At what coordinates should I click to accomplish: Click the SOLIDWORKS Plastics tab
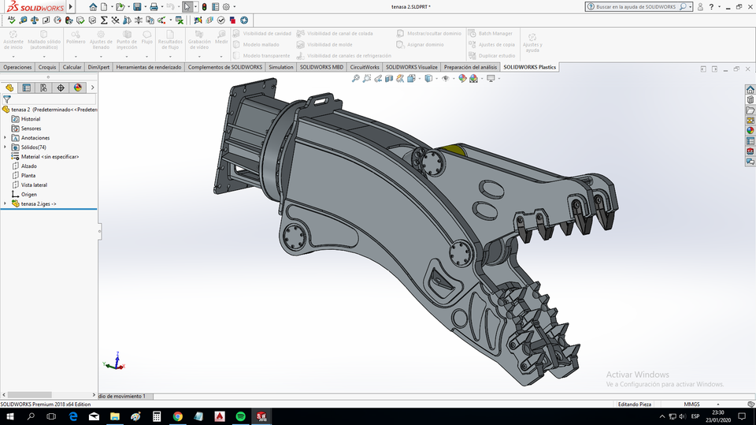coord(529,67)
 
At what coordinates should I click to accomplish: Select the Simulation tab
coord(281,67)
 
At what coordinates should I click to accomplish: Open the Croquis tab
coord(47,67)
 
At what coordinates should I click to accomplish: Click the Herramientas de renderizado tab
coord(149,67)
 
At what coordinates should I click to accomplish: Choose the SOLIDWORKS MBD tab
coord(321,67)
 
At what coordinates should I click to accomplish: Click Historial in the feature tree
coord(30,119)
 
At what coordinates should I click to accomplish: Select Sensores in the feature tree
coord(31,129)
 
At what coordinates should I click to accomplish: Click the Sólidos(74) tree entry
coord(33,147)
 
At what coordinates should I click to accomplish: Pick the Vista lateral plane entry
coord(34,185)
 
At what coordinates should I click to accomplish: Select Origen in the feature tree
coord(28,194)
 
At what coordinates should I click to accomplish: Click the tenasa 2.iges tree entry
coord(38,203)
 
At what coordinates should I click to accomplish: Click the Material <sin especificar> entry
coord(49,157)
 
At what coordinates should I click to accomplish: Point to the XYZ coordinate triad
coord(114,362)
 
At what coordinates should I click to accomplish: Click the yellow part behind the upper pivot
coord(454,149)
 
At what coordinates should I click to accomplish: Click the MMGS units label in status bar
coord(691,404)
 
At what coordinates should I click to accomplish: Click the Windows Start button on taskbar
coord(9,416)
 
